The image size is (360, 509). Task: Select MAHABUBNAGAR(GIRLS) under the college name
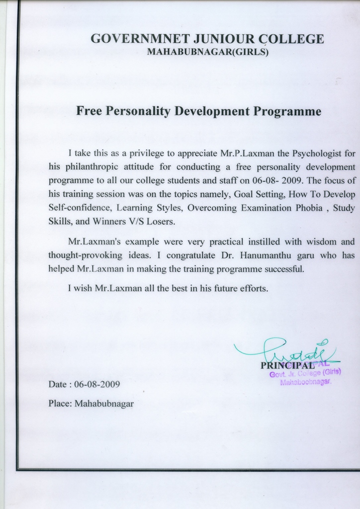click(x=208, y=52)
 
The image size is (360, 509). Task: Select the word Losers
click(x=159, y=222)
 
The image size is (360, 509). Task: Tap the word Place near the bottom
click(x=58, y=404)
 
